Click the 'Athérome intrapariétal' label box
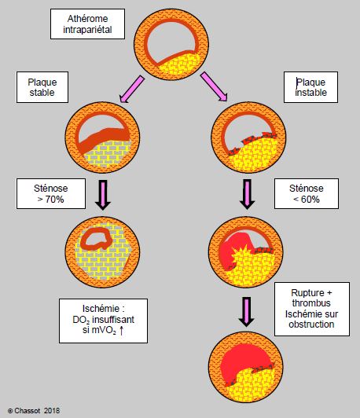[87, 24]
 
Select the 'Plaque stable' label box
[42, 87]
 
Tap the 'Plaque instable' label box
[311, 87]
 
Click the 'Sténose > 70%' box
[51, 194]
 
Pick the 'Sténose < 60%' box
[307, 194]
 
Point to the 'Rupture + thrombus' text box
[312, 310]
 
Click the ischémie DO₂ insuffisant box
[103, 321]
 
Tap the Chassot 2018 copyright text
[34, 410]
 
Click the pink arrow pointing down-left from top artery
[132, 90]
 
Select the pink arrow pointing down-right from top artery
[214, 86]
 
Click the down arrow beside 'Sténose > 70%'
[103, 195]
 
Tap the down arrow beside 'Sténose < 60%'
[247, 194]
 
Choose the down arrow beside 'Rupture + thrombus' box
[246, 312]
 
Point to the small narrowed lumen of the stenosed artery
[96, 238]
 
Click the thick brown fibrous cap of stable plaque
[104, 139]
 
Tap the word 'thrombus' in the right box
[311, 303]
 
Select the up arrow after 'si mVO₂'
[121, 331]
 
